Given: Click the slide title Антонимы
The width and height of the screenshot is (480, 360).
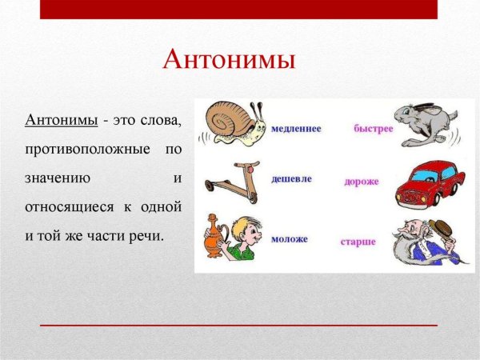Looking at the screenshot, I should click(229, 60).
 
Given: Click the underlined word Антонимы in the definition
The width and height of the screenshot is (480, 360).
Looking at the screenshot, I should click(62, 120).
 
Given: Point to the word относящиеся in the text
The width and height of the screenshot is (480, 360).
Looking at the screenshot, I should click(70, 206).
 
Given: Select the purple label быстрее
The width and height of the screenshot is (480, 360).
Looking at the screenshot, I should click(374, 128).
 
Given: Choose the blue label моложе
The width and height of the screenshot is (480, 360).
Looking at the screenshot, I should click(290, 238).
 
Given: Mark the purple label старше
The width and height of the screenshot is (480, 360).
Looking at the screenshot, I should click(358, 241).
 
